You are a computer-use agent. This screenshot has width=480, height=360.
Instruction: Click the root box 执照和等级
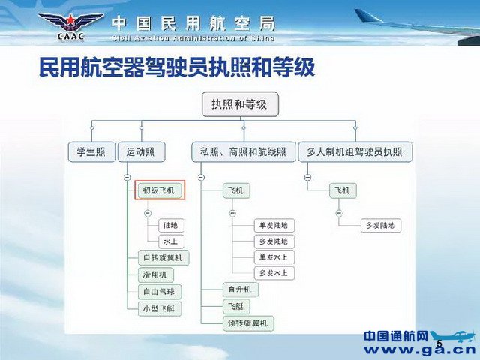(240, 105)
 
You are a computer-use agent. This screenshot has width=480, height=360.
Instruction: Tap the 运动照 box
(140, 152)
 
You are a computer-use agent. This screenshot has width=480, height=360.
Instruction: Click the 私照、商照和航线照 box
(239, 152)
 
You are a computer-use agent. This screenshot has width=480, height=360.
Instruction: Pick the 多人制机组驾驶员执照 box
(355, 152)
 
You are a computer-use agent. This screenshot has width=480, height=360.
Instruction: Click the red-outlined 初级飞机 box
(158, 190)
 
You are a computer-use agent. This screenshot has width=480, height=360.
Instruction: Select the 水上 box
(170, 241)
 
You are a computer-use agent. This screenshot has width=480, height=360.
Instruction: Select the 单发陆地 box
(273, 225)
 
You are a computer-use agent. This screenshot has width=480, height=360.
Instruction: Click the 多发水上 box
(273, 273)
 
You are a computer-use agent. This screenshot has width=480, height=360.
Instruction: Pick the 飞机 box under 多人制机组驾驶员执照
(343, 190)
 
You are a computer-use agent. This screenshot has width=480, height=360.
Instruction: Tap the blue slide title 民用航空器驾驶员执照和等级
(177, 70)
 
